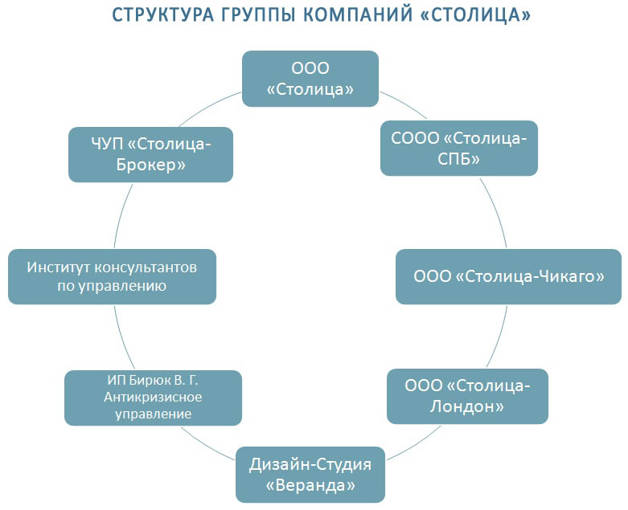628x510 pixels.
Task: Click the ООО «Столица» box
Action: pyautogui.click(x=310, y=78)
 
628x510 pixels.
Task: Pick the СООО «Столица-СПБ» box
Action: pyautogui.click(x=458, y=148)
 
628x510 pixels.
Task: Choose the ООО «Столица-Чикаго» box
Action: pyautogui.click(x=508, y=276)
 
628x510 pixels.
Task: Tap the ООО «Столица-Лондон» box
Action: pyautogui.click(x=467, y=396)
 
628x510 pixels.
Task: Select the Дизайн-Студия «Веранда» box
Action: pyautogui.click(x=310, y=475)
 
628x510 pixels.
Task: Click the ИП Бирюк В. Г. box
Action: pyautogui.click(x=153, y=397)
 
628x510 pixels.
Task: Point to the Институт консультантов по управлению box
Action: pyautogui.click(x=112, y=276)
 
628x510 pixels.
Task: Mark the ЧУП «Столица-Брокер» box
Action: pyautogui.click(x=151, y=154)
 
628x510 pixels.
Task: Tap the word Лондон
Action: pyautogui.click(x=467, y=407)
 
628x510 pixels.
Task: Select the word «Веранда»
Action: pyautogui.click(x=310, y=486)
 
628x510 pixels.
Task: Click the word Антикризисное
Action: pyautogui.click(x=153, y=398)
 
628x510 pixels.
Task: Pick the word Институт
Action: pyautogui.click(x=60, y=267)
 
